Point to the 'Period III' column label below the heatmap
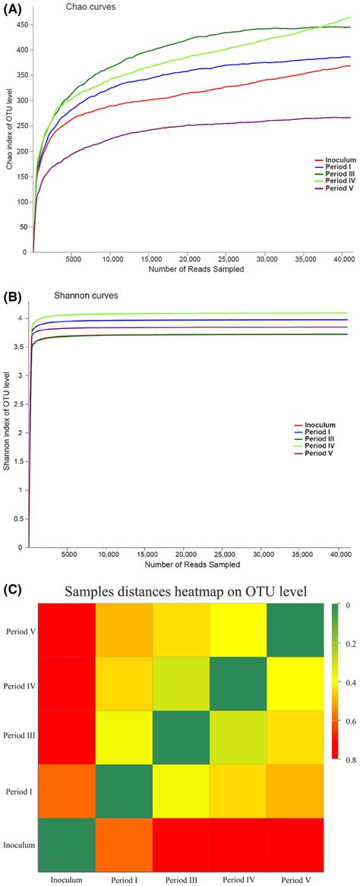pyautogui.click(x=181, y=879)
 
